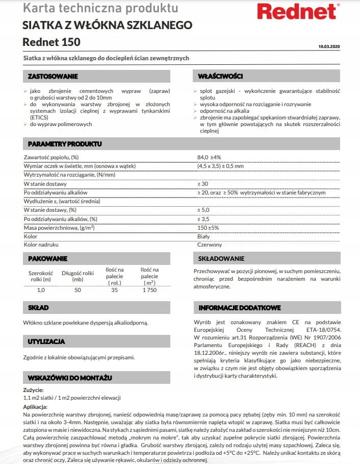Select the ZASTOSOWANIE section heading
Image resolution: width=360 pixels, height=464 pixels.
point(53,77)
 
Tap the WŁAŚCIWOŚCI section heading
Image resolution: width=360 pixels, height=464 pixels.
point(220,77)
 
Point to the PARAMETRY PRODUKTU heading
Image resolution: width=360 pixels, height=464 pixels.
point(65,144)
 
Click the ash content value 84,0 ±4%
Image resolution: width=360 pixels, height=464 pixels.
point(209,157)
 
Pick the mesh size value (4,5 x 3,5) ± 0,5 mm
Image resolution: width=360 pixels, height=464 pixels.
point(220,166)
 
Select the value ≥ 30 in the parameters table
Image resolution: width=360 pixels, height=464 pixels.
point(202,184)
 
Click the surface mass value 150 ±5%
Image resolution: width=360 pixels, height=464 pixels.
point(208,228)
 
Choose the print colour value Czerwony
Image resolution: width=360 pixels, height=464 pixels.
point(209,245)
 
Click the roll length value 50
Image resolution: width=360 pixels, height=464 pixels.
point(78,290)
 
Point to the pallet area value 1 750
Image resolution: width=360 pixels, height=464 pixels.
point(149,290)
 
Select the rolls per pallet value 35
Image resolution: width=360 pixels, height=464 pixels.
point(114,290)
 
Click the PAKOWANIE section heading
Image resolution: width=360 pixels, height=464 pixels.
point(47,259)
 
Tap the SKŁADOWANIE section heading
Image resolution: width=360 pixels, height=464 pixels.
point(221,259)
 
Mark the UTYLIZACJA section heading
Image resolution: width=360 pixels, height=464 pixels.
point(46,341)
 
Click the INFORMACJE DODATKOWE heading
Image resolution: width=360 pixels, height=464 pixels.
point(240,308)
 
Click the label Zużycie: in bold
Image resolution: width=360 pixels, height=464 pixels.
point(33,390)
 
